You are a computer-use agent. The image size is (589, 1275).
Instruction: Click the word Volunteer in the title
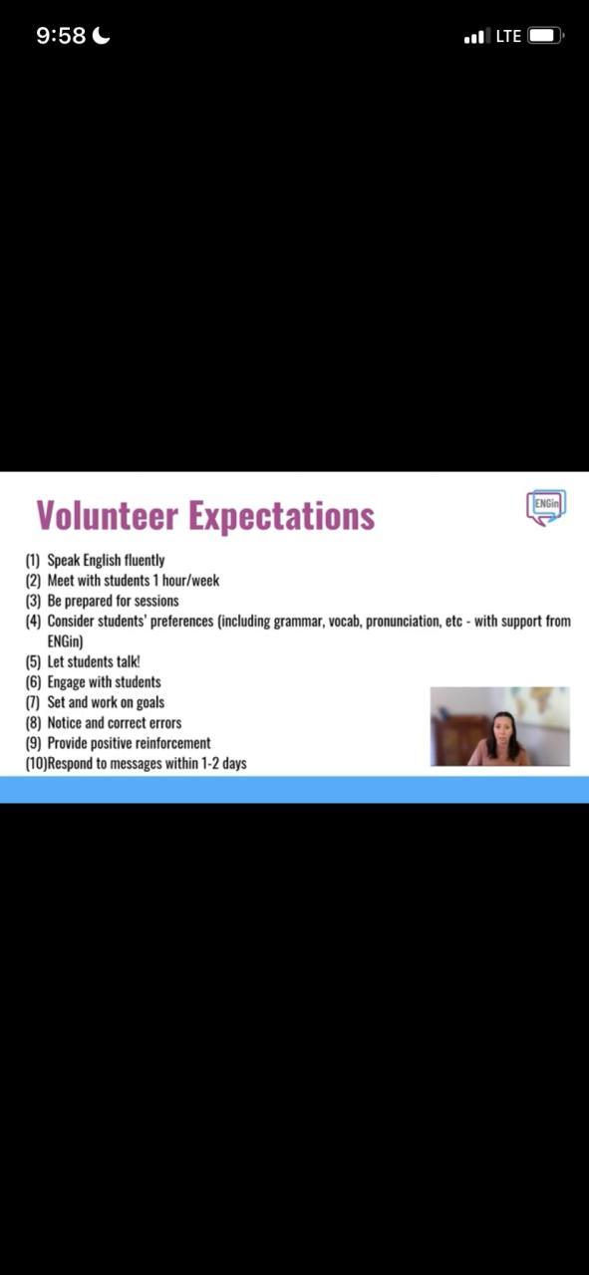(108, 515)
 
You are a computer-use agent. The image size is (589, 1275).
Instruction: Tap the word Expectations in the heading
(281, 516)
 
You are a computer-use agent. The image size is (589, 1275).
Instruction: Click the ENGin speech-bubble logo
(546, 507)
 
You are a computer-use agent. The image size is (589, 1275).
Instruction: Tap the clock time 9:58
(61, 36)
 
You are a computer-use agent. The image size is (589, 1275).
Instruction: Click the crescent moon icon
(101, 35)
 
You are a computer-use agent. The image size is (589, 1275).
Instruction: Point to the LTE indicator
(508, 36)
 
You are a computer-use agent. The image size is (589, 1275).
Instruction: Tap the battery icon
(546, 35)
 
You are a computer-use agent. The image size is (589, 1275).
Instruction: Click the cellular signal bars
(476, 36)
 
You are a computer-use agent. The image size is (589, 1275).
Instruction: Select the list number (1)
(33, 561)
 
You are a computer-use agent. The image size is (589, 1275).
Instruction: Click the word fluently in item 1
(145, 561)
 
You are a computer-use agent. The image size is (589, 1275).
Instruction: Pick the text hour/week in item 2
(190, 581)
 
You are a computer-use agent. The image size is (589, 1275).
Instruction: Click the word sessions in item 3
(156, 601)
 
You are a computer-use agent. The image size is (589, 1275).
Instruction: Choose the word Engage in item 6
(66, 682)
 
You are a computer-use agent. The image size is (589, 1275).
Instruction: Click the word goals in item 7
(150, 703)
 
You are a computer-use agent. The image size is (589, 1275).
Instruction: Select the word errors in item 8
(165, 723)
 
